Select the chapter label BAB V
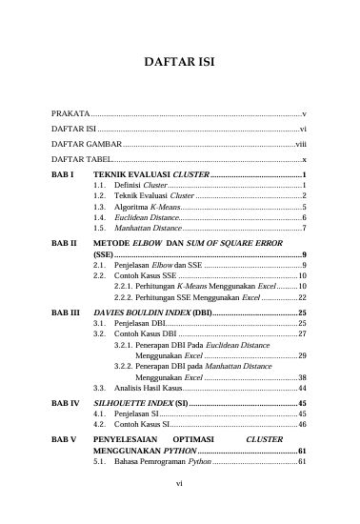[64, 438]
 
